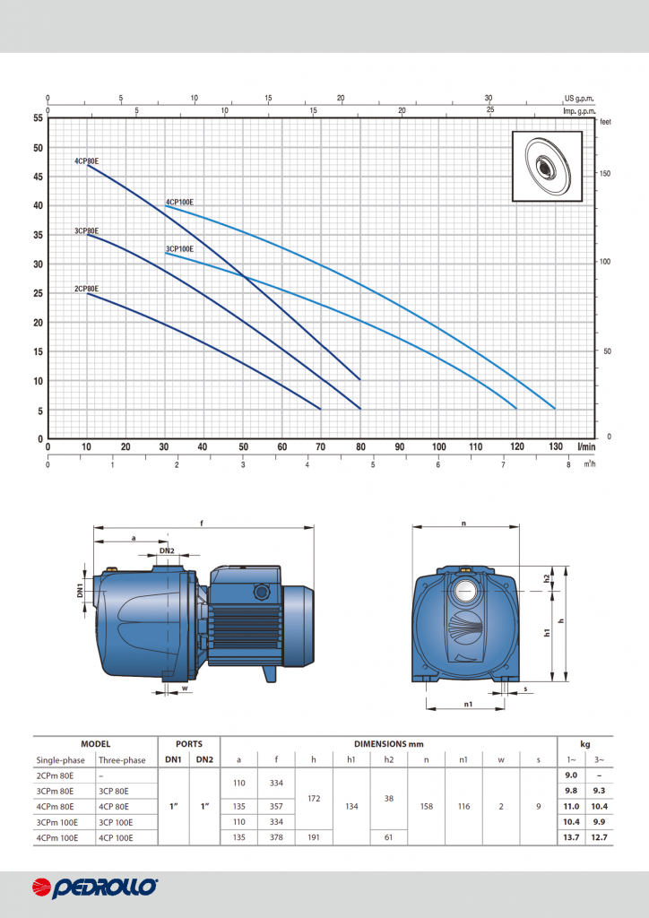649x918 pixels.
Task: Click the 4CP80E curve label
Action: click(x=87, y=160)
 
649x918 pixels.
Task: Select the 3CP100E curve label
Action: click(x=179, y=249)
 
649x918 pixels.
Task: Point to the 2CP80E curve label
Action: click(x=87, y=289)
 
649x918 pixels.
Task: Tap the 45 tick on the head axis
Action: click(x=38, y=177)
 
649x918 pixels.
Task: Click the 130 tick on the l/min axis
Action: click(x=556, y=446)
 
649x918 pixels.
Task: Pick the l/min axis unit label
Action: click(x=586, y=446)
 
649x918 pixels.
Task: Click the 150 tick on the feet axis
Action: click(x=604, y=174)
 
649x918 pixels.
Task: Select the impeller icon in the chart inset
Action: click(x=547, y=166)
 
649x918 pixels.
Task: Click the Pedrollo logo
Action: click(x=95, y=888)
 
